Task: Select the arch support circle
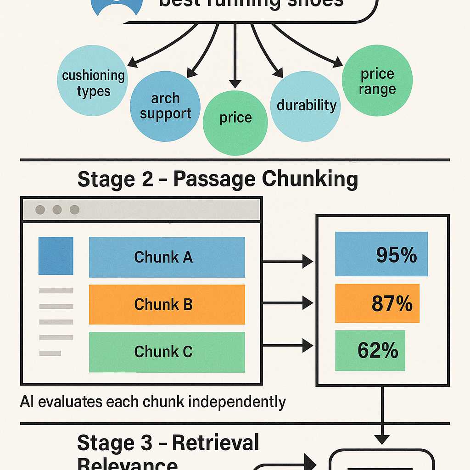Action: [165, 106]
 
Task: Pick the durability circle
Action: [306, 106]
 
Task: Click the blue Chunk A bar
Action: [167, 257]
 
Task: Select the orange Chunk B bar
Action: [167, 304]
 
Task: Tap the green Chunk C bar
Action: [167, 352]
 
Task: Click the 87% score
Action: [392, 303]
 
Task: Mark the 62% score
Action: [378, 351]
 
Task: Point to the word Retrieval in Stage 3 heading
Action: [215, 443]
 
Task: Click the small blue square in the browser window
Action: [56, 256]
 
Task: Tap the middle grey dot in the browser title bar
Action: [57, 210]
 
